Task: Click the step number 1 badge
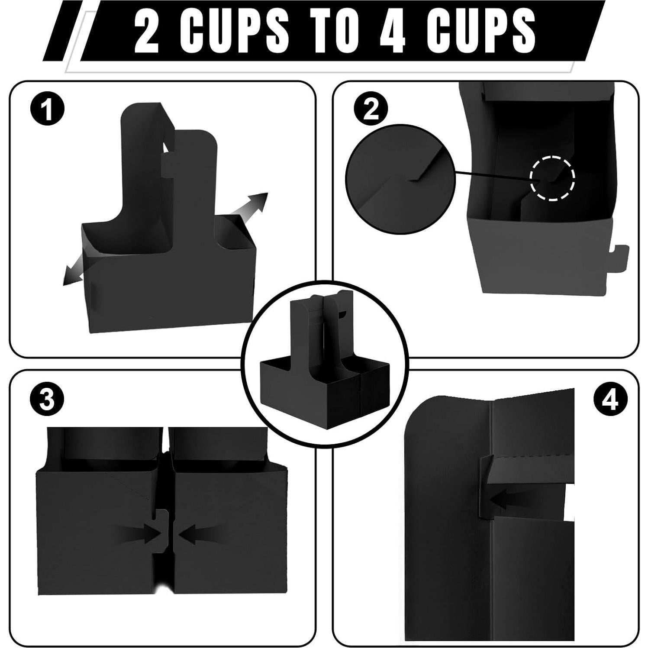point(48,110)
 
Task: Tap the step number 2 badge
point(371,110)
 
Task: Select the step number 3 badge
point(47,400)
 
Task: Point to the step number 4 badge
point(610,400)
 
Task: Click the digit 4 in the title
point(392,32)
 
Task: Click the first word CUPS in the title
point(232,32)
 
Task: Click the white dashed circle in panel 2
point(553,178)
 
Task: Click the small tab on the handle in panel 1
point(168,167)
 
